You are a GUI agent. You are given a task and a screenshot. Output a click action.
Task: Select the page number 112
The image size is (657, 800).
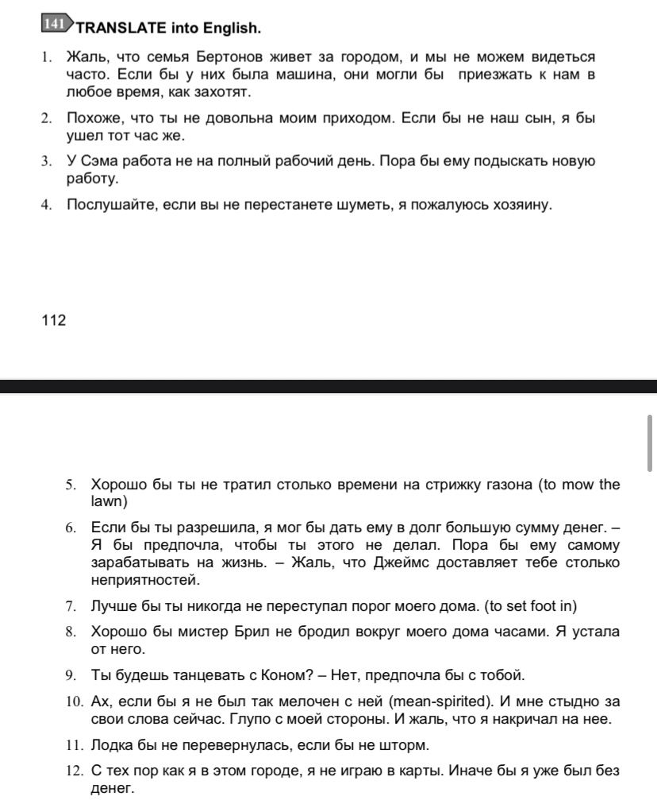[53, 320]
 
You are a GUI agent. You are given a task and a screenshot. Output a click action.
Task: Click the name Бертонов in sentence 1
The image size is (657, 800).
[230, 57]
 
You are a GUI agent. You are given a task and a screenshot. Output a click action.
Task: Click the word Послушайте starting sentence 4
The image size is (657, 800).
[112, 204]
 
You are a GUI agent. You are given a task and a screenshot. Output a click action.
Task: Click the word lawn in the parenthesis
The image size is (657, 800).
[108, 502]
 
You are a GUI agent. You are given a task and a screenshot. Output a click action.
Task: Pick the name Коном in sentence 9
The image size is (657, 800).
[282, 675]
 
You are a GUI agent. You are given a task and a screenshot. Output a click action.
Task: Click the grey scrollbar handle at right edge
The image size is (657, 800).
[650, 443]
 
